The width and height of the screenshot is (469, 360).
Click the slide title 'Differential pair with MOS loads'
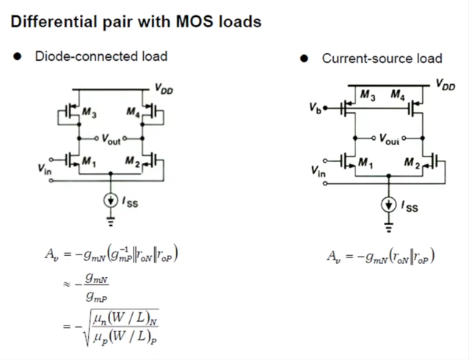point(136,22)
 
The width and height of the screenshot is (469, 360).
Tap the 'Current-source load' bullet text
point(382,58)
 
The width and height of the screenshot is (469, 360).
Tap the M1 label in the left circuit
point(89,162)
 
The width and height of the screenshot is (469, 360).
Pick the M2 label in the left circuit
point(131,162)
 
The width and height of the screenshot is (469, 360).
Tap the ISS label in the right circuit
point(410,207)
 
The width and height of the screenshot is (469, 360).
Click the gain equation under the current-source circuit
point(379,257)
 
